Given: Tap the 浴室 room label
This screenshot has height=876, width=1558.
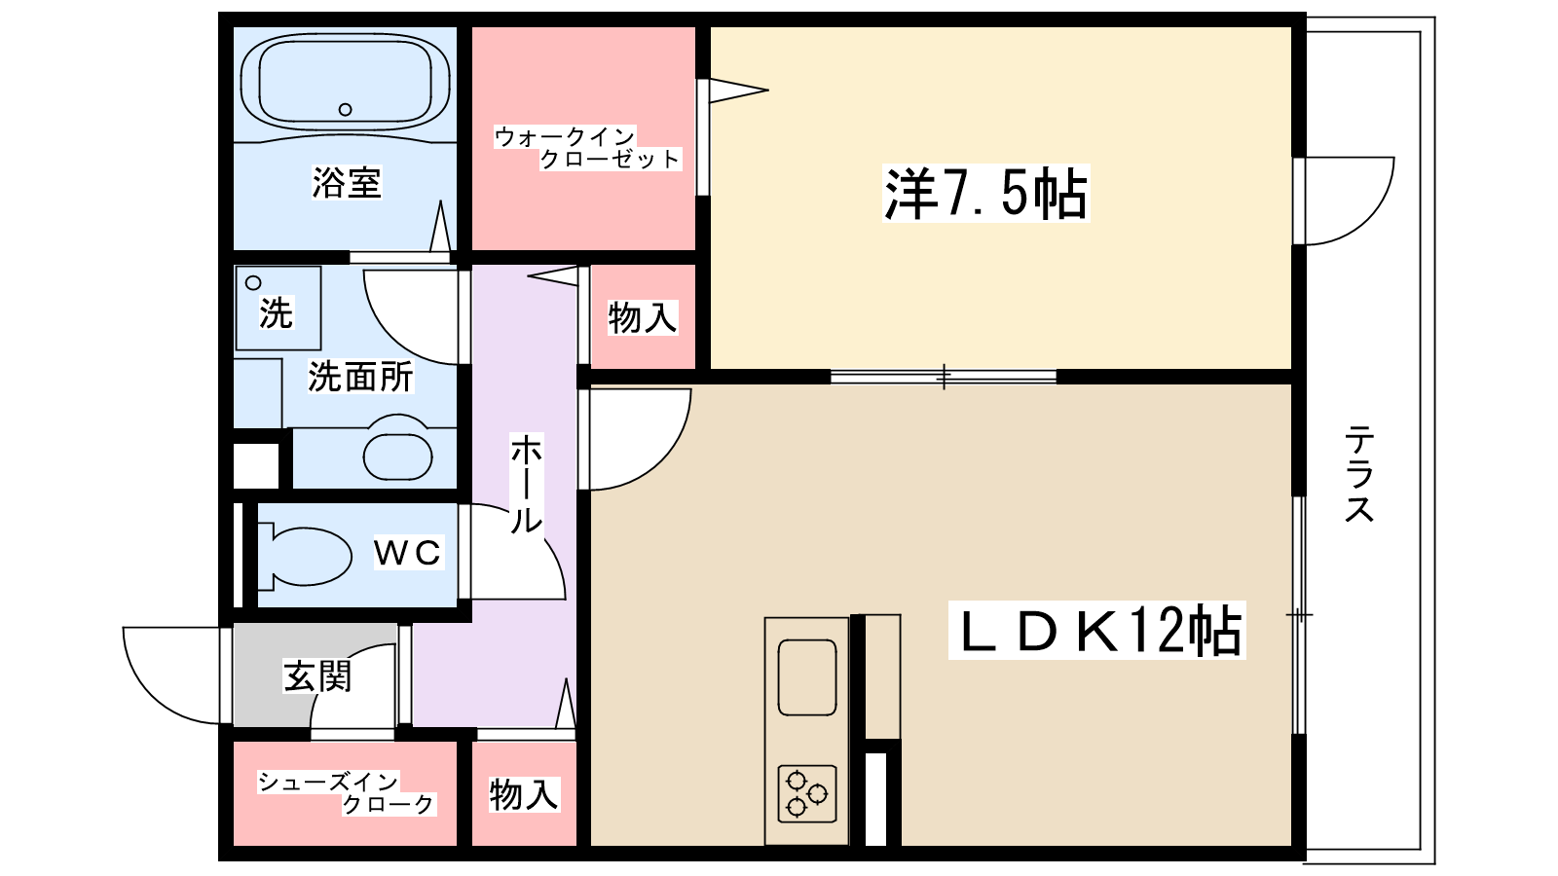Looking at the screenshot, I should click(x=347, y=182).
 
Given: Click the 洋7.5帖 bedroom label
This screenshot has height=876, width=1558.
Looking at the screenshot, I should click(x=985, y=193).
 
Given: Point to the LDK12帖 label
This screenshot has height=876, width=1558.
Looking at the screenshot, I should click(x=1097, y=631).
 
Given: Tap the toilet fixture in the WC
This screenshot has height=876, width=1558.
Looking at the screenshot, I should click(x=307, y=556).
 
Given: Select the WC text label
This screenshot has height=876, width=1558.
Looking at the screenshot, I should click(x=408, y=553).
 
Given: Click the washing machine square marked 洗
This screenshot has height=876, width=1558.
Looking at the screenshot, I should click(x=278, y=308).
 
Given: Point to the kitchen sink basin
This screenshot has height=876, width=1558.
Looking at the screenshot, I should click(x=807, y=676).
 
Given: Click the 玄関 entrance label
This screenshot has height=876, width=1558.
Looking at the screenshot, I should click(x=317, y=675).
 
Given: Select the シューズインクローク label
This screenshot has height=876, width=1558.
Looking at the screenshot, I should click(x=346, y=792).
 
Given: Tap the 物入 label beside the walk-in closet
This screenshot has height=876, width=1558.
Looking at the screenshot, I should click(x=642, y=317).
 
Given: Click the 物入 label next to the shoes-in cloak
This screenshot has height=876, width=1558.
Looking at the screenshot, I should click(x=524, y=794).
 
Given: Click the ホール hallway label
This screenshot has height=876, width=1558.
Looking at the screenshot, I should click(x=526, y=484).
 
